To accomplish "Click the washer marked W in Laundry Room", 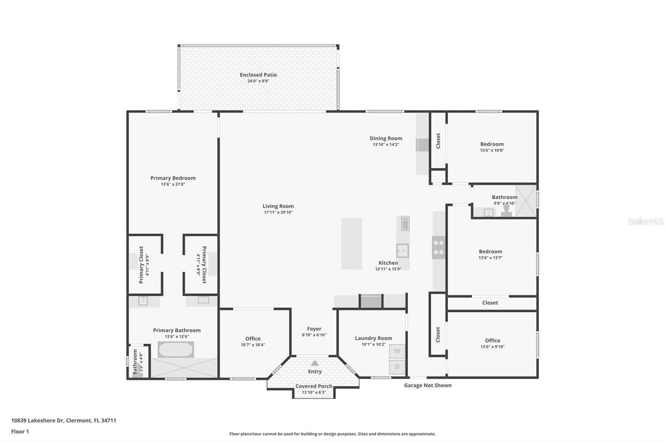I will click(397, 351).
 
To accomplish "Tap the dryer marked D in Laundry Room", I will click(397, 367).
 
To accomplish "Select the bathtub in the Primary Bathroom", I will click(176, 350).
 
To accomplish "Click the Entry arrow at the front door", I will click(315, 363).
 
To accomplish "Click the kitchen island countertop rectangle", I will click(351, 244).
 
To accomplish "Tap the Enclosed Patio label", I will click(258, 75).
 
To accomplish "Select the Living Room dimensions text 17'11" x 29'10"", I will click(278, 212).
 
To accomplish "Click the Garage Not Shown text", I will click(428, 385).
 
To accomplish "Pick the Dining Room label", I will click(386, 138).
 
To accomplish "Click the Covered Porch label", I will click(314, 386).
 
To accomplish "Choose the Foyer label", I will click(314, 329).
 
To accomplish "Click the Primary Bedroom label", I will click(173, 178).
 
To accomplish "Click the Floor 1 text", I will click(21, 431).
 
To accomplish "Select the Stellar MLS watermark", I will click(645, 221).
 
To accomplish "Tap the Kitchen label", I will click(388, 263).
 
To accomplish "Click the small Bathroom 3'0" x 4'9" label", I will click(135, 362).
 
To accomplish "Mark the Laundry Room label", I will click(374, 338).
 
